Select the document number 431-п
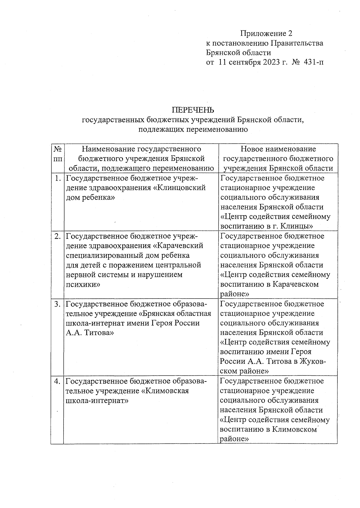click(314, 62)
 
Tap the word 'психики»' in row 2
click(83, 284)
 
